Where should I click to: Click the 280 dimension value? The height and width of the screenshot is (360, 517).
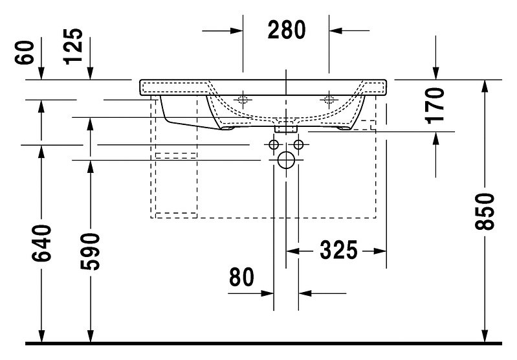[x=287, y=30]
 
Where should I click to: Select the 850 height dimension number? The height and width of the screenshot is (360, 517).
[x=485, y=212]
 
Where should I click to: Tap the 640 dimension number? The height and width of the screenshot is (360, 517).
[x=41, y=243]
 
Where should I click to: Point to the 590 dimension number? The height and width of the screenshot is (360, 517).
[x=90, y=251]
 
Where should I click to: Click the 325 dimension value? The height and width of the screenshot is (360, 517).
[x=338, y=250]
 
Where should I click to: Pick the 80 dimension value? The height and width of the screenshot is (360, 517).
[x=242, y=277]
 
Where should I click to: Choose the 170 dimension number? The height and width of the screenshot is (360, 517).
[x=435, y=106]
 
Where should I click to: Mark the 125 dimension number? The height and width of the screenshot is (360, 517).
[x=73, y=47]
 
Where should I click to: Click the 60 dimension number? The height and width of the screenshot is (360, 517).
[x=25, y=52]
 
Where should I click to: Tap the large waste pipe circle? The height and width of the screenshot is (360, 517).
[x=286, y=160]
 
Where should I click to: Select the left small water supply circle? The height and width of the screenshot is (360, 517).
[x=274, y=144]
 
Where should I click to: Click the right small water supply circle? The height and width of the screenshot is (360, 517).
[x=298, y=144]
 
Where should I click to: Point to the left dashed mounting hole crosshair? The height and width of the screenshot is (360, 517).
[x=243, y=99]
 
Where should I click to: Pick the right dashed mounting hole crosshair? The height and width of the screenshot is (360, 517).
[x=329, y=99]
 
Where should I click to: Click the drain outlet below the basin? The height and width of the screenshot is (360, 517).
[x=286, y=127]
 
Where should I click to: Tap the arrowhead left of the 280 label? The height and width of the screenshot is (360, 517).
[x=237, y=31]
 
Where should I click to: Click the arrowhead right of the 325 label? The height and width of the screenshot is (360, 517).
[x=380, y=251]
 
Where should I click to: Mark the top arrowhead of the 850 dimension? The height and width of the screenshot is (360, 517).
[x=485, y=86]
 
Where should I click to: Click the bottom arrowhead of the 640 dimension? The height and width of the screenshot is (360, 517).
[x=41, y=336]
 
